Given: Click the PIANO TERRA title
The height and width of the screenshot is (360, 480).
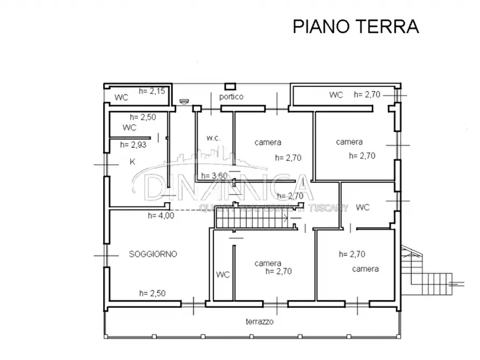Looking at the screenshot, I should pos(355,26).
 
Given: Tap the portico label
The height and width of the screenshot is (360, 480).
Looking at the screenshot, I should pos(231,97).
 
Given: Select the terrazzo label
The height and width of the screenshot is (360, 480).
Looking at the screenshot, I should pos(260,321).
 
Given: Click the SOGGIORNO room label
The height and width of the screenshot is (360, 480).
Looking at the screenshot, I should pos(153,254).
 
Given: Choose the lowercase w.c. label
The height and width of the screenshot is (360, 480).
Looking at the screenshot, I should pos(213,138).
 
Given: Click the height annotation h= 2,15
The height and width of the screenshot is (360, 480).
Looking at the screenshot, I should pos(152,91).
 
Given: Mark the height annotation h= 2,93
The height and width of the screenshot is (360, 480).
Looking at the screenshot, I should pos(133,144).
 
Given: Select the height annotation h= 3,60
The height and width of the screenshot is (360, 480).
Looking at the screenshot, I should pos(213,176).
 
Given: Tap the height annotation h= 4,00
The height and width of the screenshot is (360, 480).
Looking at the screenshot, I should pos(161,216).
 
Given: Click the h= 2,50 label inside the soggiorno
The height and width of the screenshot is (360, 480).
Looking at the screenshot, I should pos(152,293).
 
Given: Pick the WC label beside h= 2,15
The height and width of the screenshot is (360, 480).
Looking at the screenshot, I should pos(121,98).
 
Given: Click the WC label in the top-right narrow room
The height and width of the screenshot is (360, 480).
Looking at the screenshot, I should pos(336,95).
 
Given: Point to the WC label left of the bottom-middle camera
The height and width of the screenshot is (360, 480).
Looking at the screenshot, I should pos(223,275).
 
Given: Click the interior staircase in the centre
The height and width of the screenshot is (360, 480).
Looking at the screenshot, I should pos(250,218).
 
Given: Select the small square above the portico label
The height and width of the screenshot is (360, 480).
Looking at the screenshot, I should pos(231,86).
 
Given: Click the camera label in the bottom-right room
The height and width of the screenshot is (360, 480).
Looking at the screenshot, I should pos(366,269).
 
